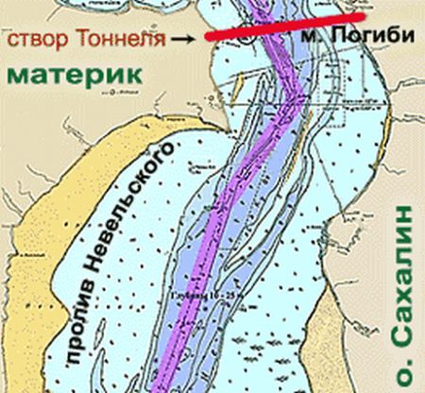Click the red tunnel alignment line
tap(283, 26)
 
